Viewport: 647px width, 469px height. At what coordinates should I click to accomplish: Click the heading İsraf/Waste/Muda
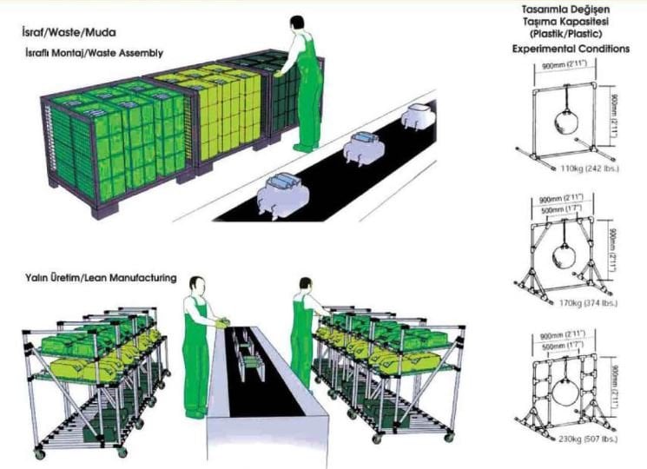point(69,32)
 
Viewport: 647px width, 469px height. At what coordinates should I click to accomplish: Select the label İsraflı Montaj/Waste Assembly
point(94,53)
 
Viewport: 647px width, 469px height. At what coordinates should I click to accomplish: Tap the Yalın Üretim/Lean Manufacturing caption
point(101,279)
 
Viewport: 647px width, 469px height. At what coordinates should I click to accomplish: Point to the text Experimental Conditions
point(571,49)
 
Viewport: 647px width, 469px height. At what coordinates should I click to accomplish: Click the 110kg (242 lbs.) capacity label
point(590,168)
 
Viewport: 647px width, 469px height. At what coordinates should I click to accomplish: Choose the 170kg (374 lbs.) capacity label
point(588,303)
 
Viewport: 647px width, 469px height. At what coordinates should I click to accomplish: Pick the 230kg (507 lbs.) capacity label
point(588,439)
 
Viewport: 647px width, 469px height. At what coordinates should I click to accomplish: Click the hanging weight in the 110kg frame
point(565,122)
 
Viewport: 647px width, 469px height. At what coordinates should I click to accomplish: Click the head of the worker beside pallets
point(297,24)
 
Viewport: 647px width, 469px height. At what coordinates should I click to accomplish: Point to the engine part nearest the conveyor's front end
point(279,194)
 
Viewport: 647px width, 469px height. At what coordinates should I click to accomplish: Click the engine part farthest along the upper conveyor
point(418,115)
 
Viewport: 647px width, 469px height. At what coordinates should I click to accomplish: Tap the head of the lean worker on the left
point(197,286)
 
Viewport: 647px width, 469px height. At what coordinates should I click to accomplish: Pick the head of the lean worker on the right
point(306,284)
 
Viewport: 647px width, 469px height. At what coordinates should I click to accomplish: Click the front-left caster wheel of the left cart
point(39,454)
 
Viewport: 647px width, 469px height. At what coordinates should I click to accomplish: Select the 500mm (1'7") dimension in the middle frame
point(560,210)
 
